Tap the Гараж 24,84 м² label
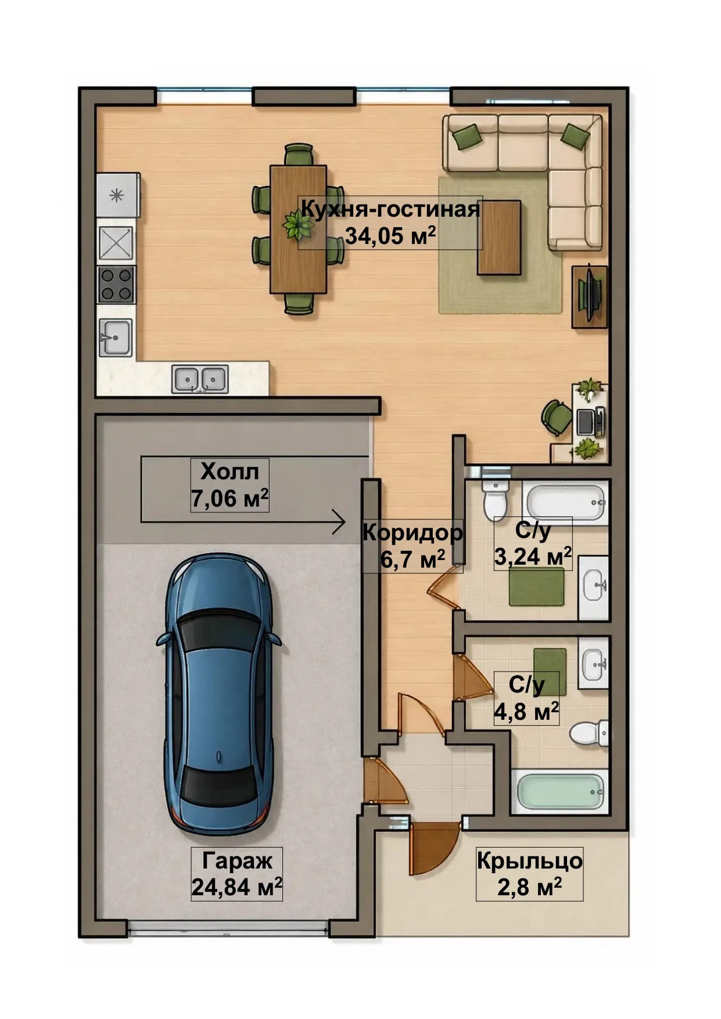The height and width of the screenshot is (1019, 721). pos(237,873)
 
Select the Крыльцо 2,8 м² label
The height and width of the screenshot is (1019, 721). pos(529,873)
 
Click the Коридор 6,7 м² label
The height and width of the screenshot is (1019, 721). pos(412,546)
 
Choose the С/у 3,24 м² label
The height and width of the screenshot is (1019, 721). pos(533,543)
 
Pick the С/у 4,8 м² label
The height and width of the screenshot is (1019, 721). pos(526,698)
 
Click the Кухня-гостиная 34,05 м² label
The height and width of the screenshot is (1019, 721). pos(390,223)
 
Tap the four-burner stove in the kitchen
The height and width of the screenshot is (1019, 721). pos(116,285)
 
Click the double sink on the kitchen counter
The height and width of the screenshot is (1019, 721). pos(200,379)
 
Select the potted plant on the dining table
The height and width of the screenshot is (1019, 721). pos(298,224)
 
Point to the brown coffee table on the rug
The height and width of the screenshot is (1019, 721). pos(498,238)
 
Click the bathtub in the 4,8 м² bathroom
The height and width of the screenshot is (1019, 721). pos(559,791)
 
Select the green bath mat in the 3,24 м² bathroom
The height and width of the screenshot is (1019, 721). pos(537,586)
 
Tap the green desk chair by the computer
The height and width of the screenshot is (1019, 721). pos(557,416)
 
